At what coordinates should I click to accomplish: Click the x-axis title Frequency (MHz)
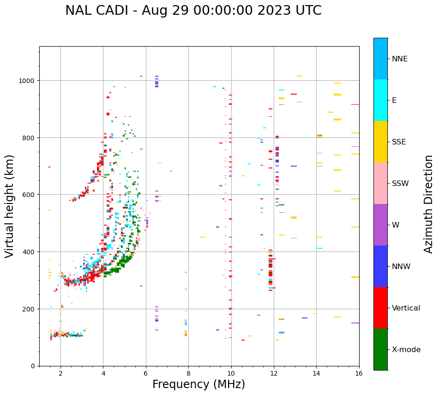[x=198, y=384]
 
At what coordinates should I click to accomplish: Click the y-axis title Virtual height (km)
[x=10, y=206]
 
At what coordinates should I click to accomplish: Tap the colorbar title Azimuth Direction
[x=429, y=204]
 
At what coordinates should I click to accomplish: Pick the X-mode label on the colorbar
[x=406, y=350]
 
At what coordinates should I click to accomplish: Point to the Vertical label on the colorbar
[x=406, y=308]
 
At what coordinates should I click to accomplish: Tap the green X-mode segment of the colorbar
[x=380, y=349]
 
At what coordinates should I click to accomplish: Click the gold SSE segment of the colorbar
[x=380, y=142]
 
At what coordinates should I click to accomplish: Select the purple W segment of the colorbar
[x=380, y=225]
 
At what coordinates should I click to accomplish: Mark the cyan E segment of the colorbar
[x=380, y=100]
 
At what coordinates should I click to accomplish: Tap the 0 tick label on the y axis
[x=33, y=366]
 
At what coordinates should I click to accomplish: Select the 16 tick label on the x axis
[x=359, y=373]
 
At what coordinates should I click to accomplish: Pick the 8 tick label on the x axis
[x=188, y=373]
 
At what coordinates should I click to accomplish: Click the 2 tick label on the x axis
[x=60, y=373]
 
